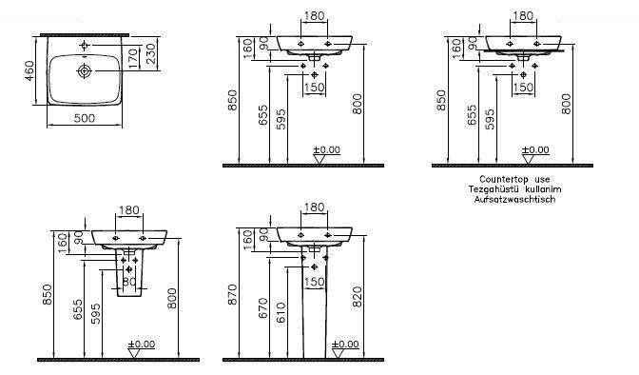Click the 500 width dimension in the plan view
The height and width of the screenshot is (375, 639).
85,118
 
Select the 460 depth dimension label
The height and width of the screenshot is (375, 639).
29,70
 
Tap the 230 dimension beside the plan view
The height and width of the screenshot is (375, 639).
151,53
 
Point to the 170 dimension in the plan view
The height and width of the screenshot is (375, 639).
132,58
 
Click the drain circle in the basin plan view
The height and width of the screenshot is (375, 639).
85,71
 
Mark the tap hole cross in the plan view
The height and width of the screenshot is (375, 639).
85,45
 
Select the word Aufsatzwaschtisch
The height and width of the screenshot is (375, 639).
514,200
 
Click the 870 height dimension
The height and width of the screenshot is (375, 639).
232,295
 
